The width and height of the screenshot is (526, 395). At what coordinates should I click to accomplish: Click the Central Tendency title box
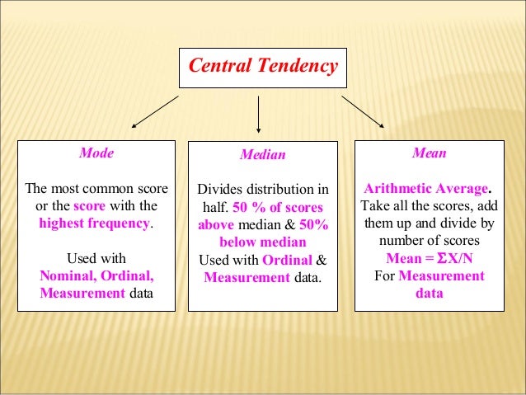[x=263, y=66]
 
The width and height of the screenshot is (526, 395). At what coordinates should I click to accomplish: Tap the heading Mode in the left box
[x=96, y=153]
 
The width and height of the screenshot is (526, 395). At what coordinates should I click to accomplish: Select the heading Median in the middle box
[x=262, y=154]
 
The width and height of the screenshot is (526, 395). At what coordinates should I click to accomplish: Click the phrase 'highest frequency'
[x=95, y=223]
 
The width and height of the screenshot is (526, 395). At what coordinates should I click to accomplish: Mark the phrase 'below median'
[x=262, y=242]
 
